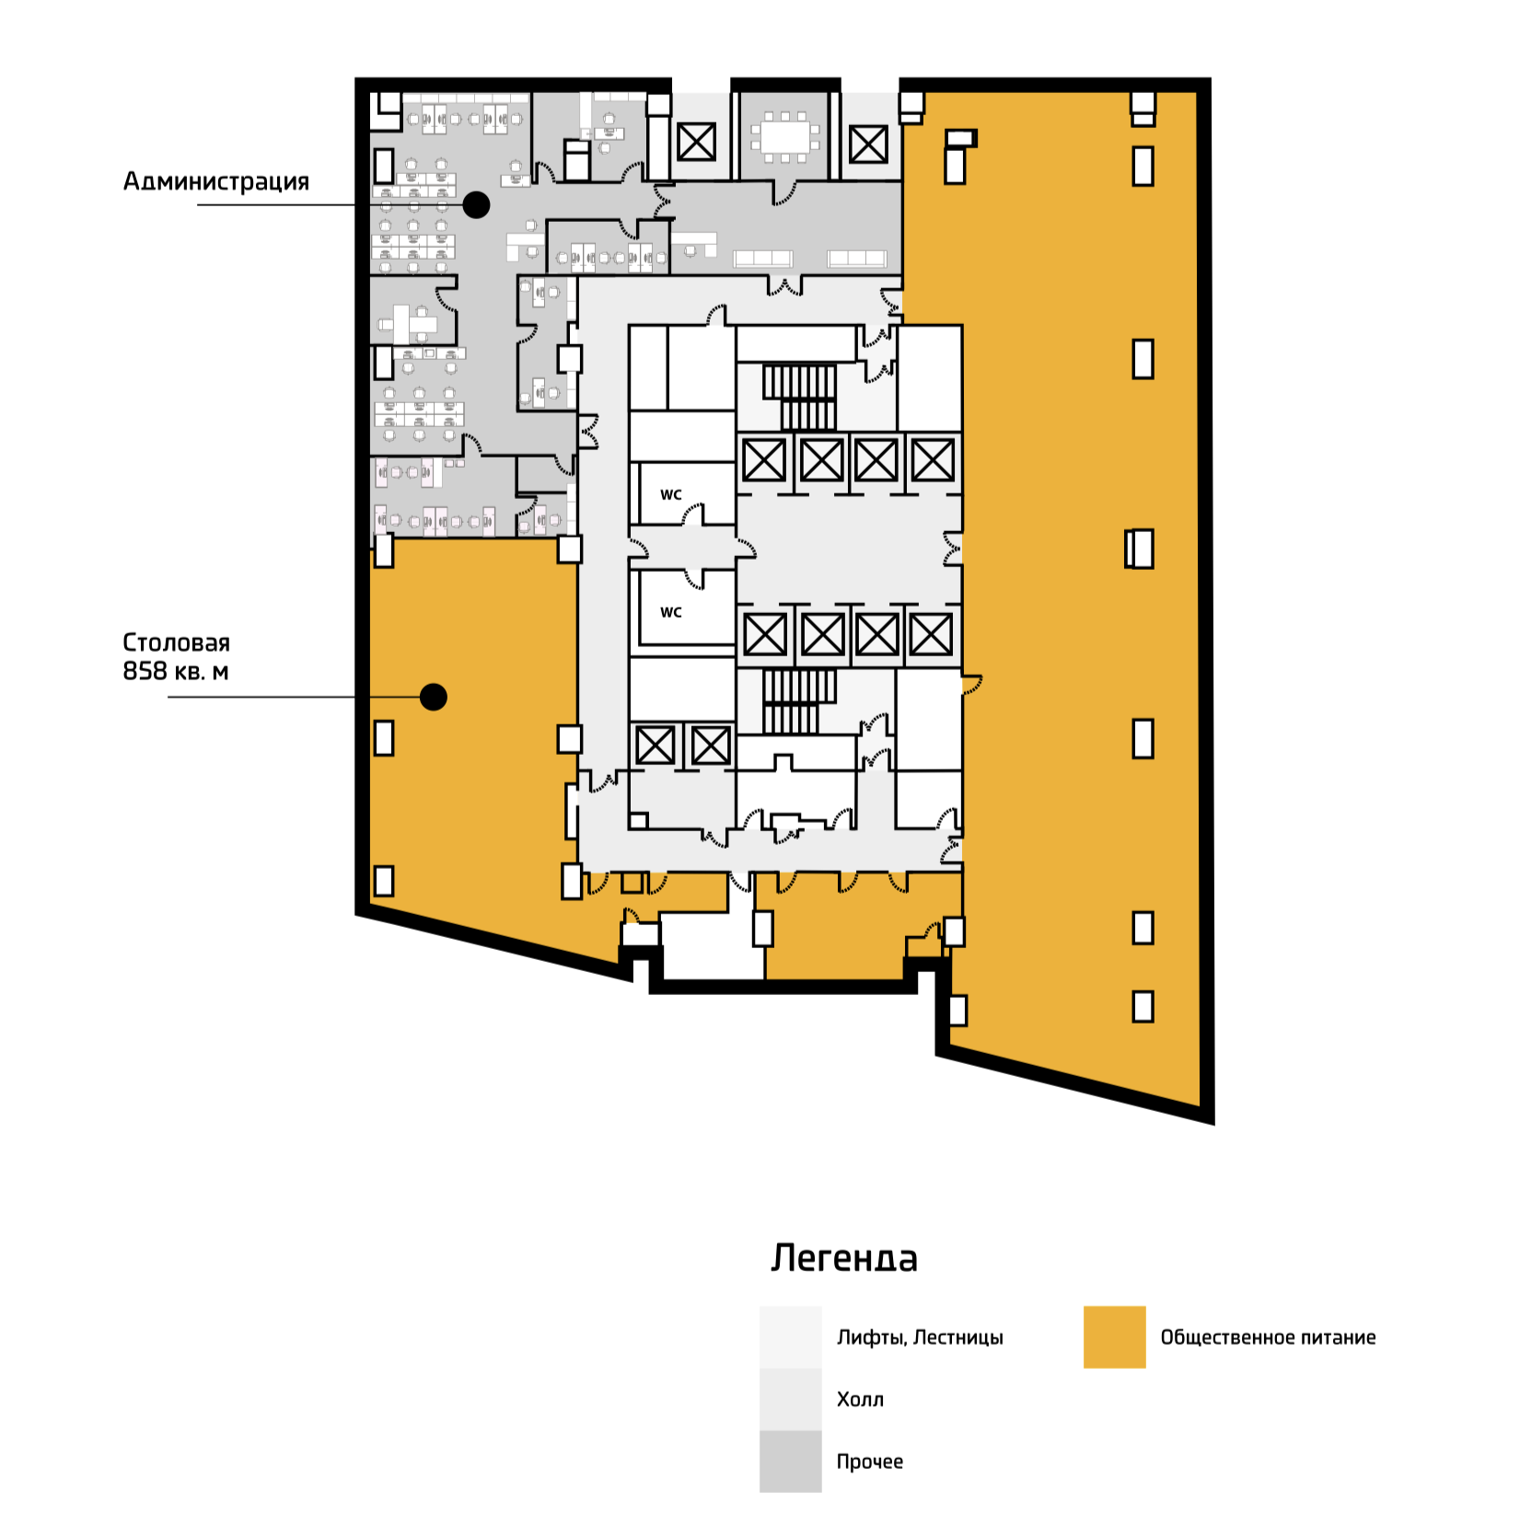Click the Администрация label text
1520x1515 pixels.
point(216,181)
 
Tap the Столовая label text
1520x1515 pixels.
point(176,642)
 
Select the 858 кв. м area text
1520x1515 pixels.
point(175,671)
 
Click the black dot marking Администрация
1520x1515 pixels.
point(476,204)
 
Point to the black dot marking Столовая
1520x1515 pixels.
point(433,697)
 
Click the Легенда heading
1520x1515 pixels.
point(844,1258)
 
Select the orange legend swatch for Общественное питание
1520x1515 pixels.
point(1114,1336)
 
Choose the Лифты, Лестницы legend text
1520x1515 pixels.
point(920,1337)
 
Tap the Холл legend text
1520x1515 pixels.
point(860,1400)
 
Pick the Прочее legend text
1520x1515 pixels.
point(869,1462)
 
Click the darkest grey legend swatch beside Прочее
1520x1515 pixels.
point(790,1461)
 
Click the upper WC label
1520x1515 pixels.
point(671,495)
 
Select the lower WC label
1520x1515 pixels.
point(671,612)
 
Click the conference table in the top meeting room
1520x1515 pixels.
point(785,138)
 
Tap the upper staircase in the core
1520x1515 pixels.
point(799,397)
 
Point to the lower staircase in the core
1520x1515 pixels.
point(798,701)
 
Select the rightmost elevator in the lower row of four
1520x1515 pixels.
point(931,633)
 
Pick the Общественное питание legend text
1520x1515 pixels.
point(1268,1337)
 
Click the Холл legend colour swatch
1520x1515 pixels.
point(790,1399)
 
